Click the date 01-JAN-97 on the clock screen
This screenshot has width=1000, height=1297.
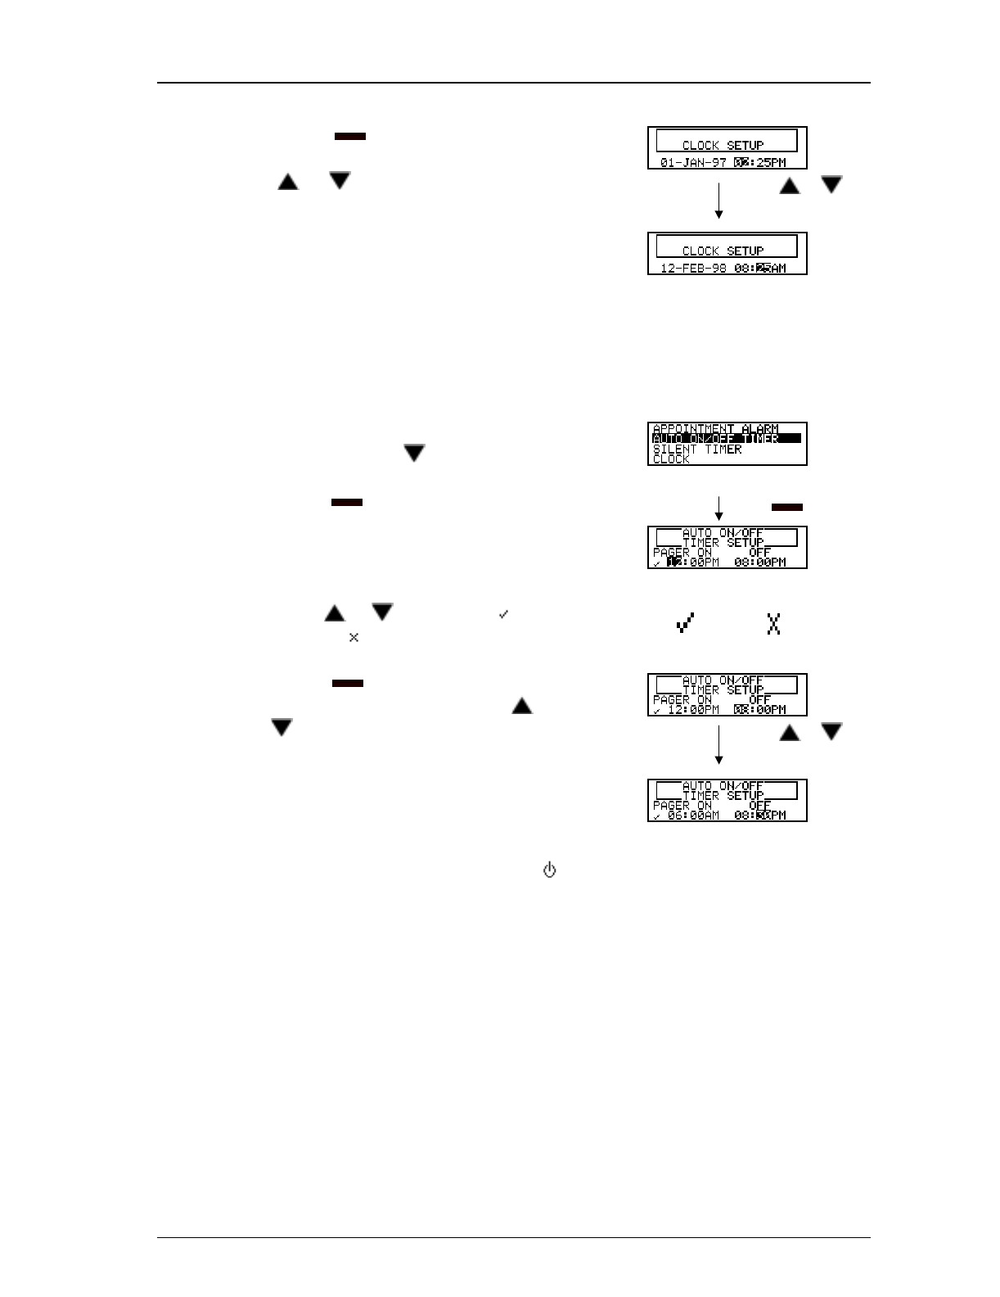point(693,162)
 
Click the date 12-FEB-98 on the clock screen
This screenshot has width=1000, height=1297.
point(693,268)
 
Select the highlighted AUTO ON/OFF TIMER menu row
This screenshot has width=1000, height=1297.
point(726,439)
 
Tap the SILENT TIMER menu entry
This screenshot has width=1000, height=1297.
point(697,449)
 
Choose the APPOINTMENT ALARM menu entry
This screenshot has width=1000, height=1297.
point(715,428)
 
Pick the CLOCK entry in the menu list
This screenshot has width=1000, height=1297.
point(671,459)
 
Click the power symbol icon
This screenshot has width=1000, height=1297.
point(549,870)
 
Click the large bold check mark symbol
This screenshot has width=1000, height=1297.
point(686,624)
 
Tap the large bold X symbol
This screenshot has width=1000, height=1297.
point(773,624)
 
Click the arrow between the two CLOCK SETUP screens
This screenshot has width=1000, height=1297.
point(718,200)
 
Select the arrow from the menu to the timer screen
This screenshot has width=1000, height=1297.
point(718,507)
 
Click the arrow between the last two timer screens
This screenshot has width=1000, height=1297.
point(718,744)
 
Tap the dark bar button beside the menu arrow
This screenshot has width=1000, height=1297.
point(786,508)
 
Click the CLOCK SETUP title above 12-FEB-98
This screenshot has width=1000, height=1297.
point(723,251)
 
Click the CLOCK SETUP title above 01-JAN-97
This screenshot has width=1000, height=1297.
point(723,145)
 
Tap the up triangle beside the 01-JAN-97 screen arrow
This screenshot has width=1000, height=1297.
point(789,186)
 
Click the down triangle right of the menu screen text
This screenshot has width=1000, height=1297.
point(414,453)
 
